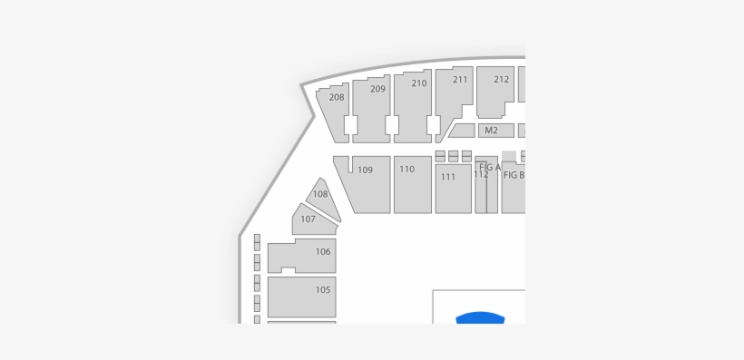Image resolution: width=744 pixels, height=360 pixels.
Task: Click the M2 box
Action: [491, 131]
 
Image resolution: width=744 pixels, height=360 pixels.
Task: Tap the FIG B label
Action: [514, 175]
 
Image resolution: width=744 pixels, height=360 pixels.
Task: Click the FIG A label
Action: [490, 168]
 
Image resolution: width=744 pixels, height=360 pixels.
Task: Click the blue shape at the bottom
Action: [479, 318]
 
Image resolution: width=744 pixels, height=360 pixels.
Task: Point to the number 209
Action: [377, 89]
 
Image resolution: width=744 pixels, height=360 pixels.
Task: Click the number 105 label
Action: [323, 290]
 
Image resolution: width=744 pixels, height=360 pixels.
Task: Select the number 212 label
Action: [502, 80]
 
